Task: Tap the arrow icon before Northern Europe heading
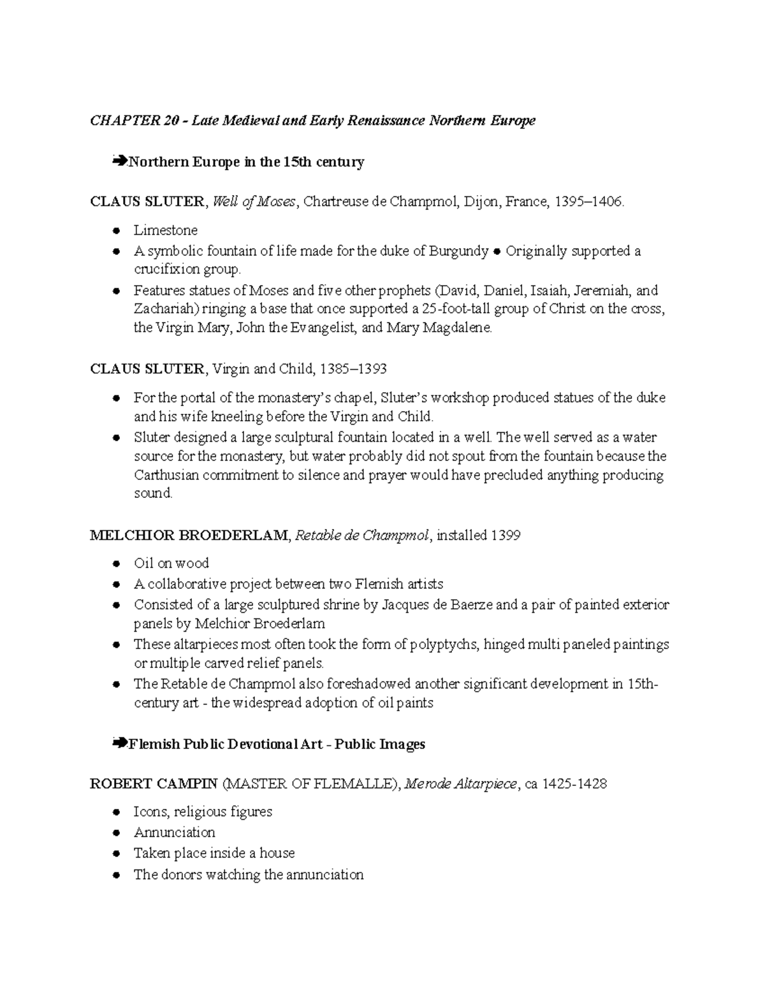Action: coord(118,161)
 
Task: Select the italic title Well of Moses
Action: coord(254,202)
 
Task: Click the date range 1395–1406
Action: coord(589,202)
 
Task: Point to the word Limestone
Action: coord(166,230)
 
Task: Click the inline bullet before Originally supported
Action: coord(497,252)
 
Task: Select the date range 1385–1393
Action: coord(353,369)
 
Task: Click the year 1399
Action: coord(506,535)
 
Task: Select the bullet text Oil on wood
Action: coord(171,563)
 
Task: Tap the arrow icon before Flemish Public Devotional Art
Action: coord(118,743)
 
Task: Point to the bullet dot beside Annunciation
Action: coord(116,833)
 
